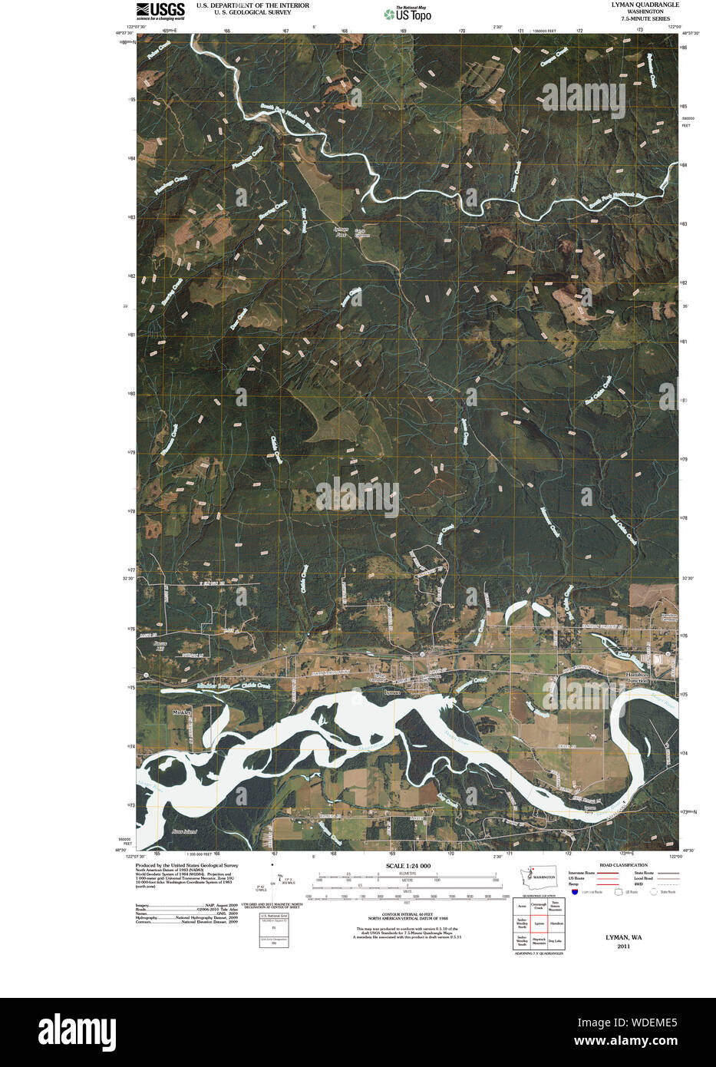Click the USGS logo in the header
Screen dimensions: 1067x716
pos(160,10)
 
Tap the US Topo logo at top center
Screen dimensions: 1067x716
pos(408,13)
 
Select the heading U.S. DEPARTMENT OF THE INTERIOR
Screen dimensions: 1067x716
pos(252,5)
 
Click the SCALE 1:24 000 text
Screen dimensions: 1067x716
pos(407,866)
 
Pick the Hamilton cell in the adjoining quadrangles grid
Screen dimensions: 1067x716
pos(556,923)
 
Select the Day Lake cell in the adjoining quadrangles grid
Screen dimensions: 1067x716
pos(556,940)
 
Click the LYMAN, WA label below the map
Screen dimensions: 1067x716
pos(623,937)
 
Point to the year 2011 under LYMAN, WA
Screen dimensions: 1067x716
pos(623,946)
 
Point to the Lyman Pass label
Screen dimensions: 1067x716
pos(342,232)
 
